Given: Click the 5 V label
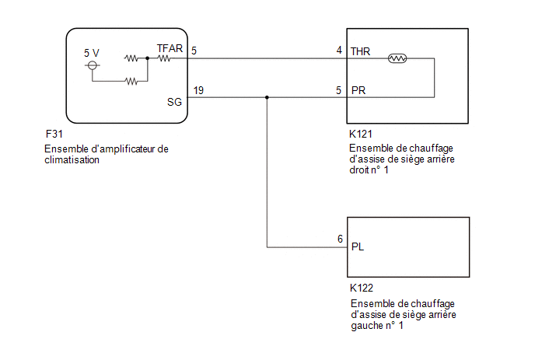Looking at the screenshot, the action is [92, 53].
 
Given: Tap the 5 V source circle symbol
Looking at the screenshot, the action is [92, 65].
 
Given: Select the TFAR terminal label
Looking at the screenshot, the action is [170, 48].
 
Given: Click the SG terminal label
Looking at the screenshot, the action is [174, 102].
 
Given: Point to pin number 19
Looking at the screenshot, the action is [198, 90].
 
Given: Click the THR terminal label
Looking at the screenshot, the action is [360, 51].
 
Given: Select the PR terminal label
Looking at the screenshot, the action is [358, 90].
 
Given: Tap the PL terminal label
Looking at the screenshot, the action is [358, 246].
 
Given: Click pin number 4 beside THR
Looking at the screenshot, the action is [339, 51].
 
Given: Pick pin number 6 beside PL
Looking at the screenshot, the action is [340, 239].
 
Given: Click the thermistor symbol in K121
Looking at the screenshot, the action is [397, 58].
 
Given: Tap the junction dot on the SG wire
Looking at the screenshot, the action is [267, 98].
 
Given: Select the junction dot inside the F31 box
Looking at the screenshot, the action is [148, 58].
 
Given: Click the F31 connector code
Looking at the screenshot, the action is [54, 134].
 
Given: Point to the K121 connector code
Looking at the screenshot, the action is [360, 134].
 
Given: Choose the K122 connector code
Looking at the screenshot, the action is [362, 288].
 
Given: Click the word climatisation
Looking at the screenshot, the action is [72, 159].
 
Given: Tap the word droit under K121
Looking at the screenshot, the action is [359, 170].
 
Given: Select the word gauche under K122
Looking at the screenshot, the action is [367, 326].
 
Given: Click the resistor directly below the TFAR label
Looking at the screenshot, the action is [164, 58].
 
